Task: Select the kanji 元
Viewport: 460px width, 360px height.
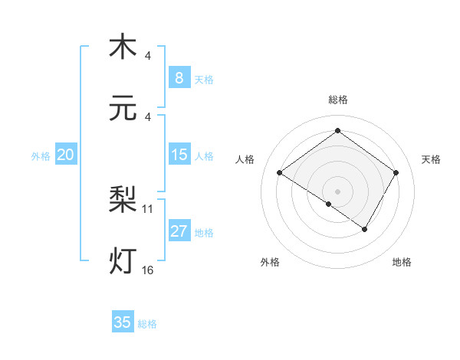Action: pyautogui.click(x=123, y=110)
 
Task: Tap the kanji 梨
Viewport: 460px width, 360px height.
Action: pyautogui.click(x=123, y=201)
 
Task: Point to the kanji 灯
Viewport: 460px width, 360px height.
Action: pyautogui.click(x=123, y=261)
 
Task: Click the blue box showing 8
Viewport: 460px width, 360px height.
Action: pyautogui.click(x=179, y=77)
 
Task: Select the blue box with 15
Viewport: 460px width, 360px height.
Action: pyautogui.click(x=179, y=155)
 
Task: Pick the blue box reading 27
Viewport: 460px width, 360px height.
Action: pyautogui.click(x=179, y=231)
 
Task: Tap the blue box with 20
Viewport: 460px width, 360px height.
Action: pyautogui.click(x=66, y=155)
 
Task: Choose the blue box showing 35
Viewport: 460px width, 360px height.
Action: pyautogui.click(x=123, y=322)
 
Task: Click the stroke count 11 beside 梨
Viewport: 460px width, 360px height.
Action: pyautogui.click(x=148, y=208)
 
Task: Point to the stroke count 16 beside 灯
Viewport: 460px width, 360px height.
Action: pyautogui.click(x=148, y=270)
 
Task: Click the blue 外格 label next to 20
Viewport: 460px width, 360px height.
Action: pyautogui.click(x=41, y=155)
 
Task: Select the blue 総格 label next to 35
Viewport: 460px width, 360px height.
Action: pyautogui.click(x=147, y=324)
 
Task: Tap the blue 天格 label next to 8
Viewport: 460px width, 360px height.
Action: pyautogui.click(x=204, y=79)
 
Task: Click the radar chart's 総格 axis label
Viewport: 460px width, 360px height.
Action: pyautogui.click(x=337, y=100)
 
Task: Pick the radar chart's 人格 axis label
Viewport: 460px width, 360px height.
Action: pyautogui.click(x=245, y=159)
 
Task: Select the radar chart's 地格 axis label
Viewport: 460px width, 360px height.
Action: pyautogui.click(x=402, y=262)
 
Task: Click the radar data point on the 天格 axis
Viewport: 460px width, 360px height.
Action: pyautogui.click(x=396, y=173)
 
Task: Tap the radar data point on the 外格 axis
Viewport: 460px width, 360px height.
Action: pyautogui.click(x=329, y=205)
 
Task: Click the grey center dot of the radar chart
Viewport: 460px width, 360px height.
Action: pyautogui.click(x=337, y=191)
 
